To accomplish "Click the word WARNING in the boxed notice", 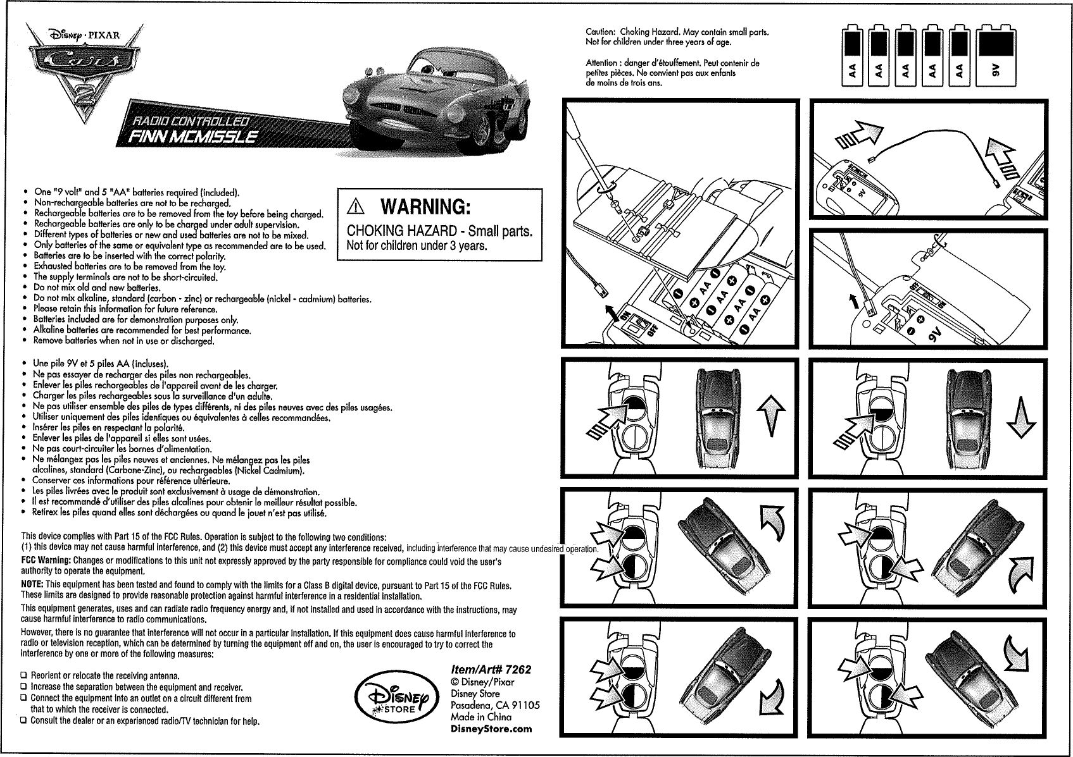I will click(425, 207).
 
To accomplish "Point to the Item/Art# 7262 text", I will click(491, 670).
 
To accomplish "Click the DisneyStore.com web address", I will click(491, 729).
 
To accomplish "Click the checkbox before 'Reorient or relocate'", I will click(25, 676).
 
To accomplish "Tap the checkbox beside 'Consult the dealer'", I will click(25, 722).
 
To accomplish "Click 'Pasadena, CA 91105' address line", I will click(495, 705).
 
